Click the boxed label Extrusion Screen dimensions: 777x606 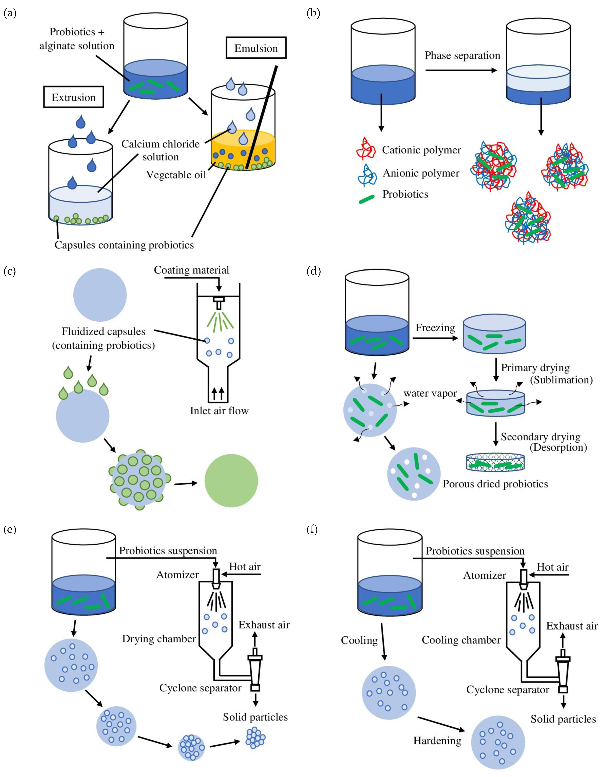pyautogui.click(x=73, y=97)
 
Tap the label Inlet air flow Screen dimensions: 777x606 pyautogui.click(x=219, y=411)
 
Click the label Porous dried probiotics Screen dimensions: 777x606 pyautogui.click(x=495, y=484)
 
